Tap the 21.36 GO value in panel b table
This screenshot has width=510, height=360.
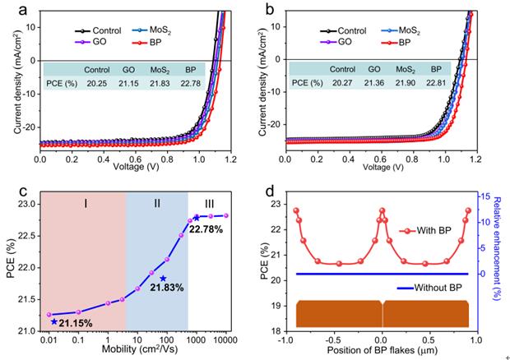[374, 83]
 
